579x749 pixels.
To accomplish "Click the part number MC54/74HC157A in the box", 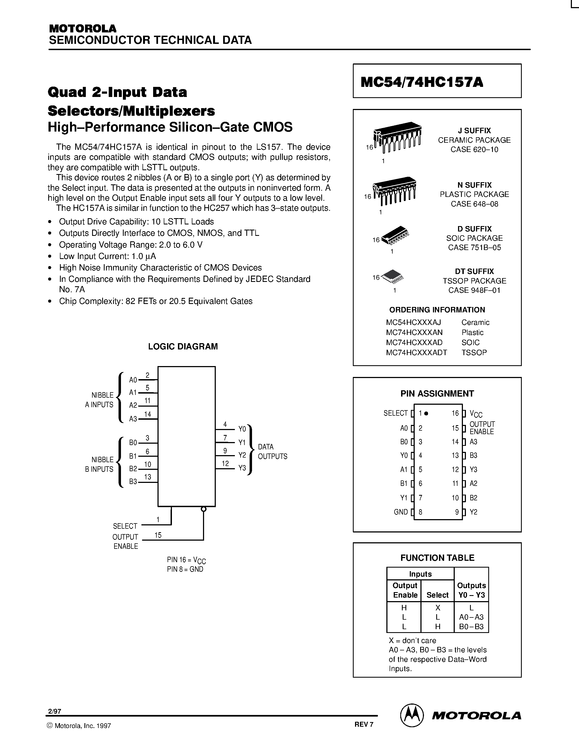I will click(x=422, y=82).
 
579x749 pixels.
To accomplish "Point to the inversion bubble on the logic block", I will click(x=204, y=509).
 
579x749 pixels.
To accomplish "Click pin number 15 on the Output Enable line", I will click(x=158, y=535).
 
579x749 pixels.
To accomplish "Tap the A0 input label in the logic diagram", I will click(x=133, y=380).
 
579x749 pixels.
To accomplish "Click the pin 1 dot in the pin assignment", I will click(x=426, y=414).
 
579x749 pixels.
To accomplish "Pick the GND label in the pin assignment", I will click(x=401, y=512).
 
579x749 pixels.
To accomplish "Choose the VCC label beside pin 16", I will click(x=476, y=414).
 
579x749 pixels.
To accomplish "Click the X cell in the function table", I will click(x=438, y=608).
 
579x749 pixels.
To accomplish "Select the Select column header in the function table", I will click(x=437, y=595).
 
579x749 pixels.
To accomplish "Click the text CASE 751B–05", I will click(x=474, y=248).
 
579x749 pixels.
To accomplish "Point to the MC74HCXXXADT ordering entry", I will click(x=416, y=352).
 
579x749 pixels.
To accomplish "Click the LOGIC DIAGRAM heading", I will click(x=183, y=346).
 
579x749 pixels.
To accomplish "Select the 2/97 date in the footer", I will click(x=54, y=712).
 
